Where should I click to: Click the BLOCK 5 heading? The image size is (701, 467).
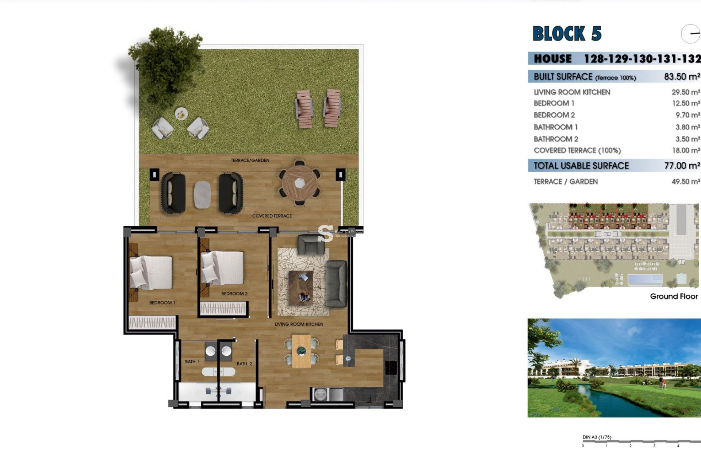pos(567,34)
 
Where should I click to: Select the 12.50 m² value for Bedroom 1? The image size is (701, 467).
pos(686,103)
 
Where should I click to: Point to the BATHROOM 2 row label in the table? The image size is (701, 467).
pos(556,139)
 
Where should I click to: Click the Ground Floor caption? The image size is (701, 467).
pos(674,296)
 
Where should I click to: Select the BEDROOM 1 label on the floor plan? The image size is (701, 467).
pos(162,303)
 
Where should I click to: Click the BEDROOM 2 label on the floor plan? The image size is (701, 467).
pos(234,294)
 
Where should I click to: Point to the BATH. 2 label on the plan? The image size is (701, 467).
pos(244,364)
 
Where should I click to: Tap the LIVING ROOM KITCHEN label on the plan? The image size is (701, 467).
pos(299,324)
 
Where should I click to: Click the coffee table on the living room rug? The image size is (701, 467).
pos(300,287)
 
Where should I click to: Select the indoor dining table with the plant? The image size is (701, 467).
pos(301,351)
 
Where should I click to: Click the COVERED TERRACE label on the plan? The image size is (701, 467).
pos(272,216)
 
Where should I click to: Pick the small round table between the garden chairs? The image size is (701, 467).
pos(181,114)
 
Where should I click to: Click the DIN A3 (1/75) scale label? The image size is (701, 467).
pos(597,437)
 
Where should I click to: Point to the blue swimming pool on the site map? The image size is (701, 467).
pos(645,280)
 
